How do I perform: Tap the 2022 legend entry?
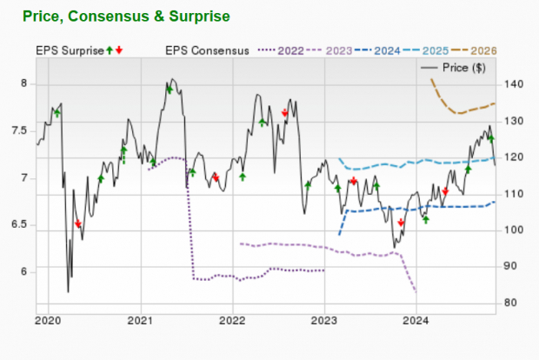click(292, 51)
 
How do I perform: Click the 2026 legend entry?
click(509, 51)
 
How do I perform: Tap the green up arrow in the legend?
click(109, 51)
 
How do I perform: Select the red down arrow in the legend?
click(119, 51)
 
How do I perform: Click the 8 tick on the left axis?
click(23, 84)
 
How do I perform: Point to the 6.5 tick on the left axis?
click(19, 225)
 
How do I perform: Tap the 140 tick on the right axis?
click(510, 84)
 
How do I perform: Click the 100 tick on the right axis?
click(510, 230)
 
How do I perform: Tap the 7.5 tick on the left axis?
click(19, 131)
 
